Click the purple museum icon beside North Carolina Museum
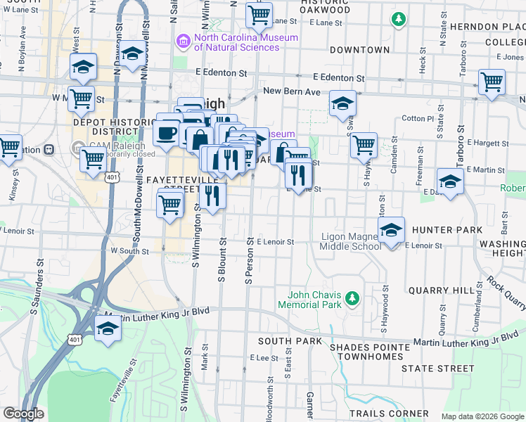tap(184, 42)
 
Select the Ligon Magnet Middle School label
tap(351, 241)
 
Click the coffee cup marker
tap(167, 132)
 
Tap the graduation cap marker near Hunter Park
tap(392, 229)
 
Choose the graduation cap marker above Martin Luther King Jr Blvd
tap(108, 328)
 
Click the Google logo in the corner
tap(23, 414)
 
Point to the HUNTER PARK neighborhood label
tap(447, 230)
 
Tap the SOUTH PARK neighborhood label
tap(284, 340)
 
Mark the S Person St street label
tap(249, 261)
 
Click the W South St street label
tap(129, 250)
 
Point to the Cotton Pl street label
tap(418, 118)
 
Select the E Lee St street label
tap(265, 358)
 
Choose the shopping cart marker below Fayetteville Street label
tap(169, 205)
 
